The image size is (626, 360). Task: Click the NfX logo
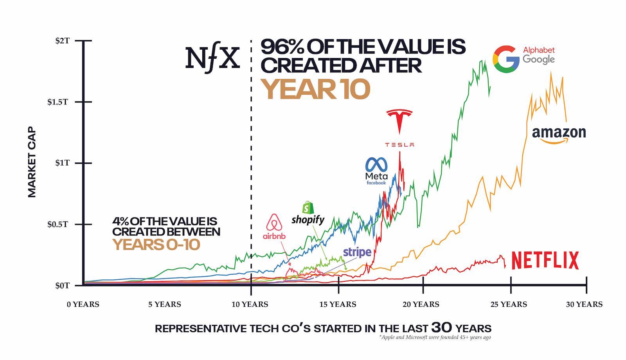pos(212,58)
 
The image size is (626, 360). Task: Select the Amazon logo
pos(559,135)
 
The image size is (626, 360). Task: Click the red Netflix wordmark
pos(545,261)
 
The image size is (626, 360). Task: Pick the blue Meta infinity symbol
pos(376,165)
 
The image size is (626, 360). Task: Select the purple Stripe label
pos(357,252)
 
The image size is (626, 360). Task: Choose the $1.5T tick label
pos(58,102)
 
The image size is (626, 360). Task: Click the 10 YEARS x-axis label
pos(250,304)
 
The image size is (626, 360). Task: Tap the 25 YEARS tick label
pos(509,304)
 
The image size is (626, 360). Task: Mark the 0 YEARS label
pos(83,304)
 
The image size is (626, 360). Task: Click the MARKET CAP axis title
pos(32,162)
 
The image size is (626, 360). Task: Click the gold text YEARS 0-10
pos(156,245)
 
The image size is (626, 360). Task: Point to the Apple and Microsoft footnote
pos(435,337)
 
